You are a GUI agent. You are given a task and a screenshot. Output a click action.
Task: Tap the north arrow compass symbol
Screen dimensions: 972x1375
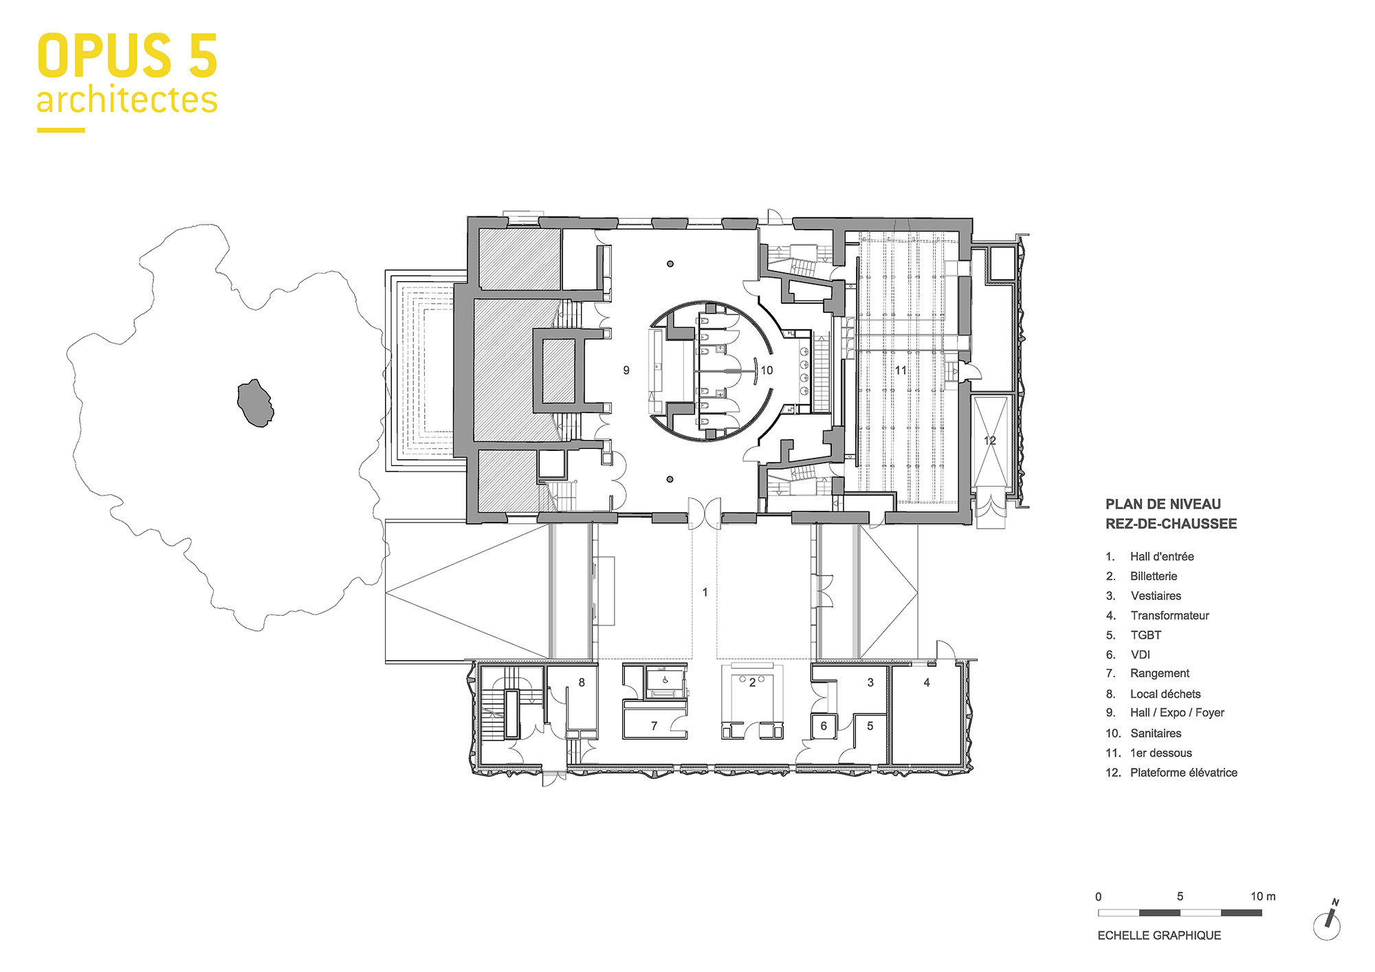[1328, 923]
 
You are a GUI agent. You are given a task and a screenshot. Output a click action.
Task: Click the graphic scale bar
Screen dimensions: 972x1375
[1180, 913]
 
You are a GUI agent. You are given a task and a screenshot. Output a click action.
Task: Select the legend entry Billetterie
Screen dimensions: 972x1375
[1153, 576]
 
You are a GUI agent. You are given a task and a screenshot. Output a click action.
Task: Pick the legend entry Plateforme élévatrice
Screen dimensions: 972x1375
[1183, 773]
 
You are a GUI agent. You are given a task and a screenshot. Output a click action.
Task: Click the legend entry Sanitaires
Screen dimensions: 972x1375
[1155, 733]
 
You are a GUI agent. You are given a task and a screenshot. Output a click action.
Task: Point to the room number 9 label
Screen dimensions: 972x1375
[626, 371]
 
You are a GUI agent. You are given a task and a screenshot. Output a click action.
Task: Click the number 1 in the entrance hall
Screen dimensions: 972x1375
[705, 592]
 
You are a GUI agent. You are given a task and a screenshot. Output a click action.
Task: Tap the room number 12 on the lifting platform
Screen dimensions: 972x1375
[989, 441]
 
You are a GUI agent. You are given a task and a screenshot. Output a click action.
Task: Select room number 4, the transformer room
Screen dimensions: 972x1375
[927, 683]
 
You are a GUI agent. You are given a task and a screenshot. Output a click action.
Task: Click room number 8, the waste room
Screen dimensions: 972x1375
[582, 683]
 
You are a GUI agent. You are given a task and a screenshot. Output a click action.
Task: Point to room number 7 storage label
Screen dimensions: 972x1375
[654, 726]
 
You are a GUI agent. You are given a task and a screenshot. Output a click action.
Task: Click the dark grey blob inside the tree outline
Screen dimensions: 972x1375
[255, 404]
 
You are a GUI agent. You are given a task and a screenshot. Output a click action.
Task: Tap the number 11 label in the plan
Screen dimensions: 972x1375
[901, 371]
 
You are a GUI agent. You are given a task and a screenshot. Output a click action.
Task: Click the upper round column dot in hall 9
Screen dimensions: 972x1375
[670, 264]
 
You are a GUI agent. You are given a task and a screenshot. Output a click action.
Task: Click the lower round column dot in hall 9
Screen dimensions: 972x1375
[670, 479]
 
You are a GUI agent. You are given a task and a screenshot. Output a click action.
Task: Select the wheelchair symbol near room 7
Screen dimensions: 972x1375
[665, 681]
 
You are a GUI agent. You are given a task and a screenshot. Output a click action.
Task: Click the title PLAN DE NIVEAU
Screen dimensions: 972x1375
[1163, 504]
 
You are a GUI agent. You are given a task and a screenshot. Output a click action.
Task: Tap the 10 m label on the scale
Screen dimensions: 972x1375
[1262, 896]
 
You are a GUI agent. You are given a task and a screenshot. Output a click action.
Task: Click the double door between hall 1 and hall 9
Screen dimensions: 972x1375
[705, 514]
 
